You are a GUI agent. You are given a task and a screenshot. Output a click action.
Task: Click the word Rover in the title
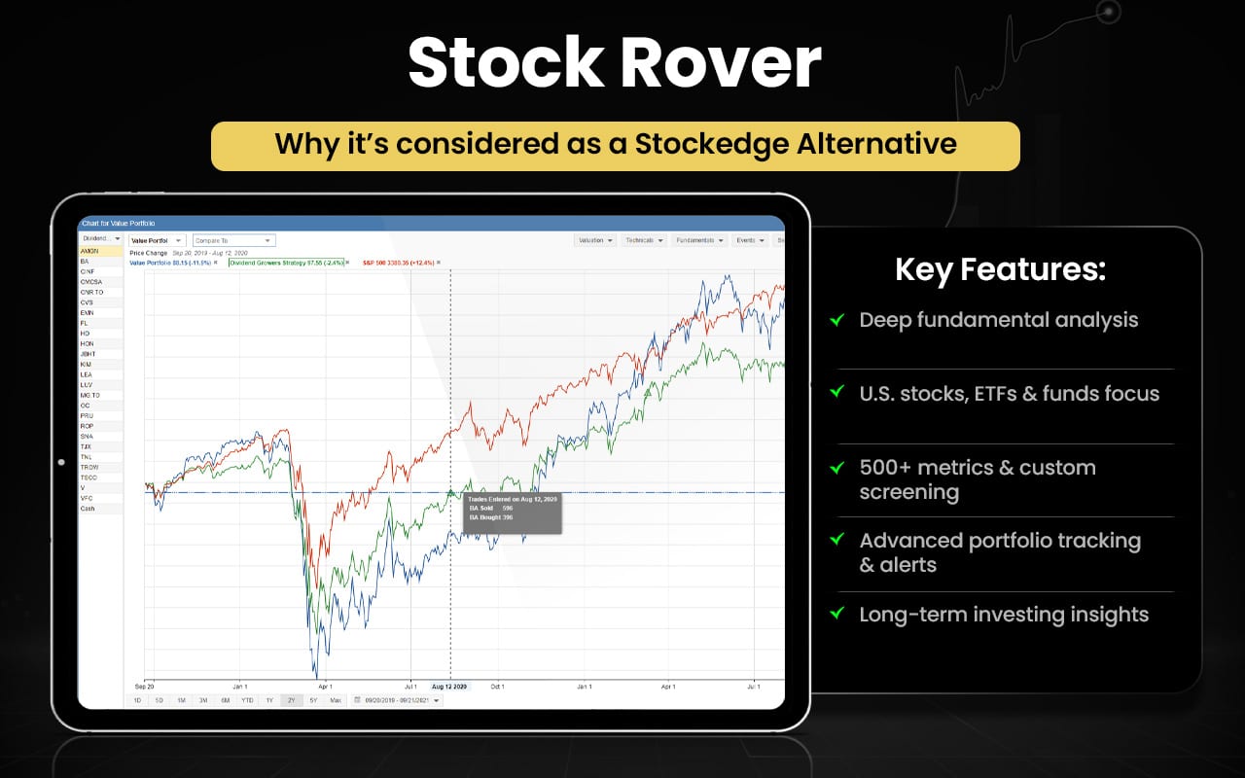coord(719,65)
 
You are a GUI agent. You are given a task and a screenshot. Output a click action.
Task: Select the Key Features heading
coord(1000,269)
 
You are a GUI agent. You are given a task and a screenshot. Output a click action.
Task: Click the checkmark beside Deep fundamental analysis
coord(836,319)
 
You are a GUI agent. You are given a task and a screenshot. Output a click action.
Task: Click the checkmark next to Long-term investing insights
coord(836,614)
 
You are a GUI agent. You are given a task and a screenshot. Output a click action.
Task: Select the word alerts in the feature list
coord(907,564)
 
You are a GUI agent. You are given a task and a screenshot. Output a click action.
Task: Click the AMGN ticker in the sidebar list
coord(89,251)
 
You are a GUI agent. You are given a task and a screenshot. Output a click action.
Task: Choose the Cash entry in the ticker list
coord(88,509)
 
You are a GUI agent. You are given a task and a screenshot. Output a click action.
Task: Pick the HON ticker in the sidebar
coord(87,343)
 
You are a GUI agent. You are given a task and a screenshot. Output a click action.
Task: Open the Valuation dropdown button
coord(595,240)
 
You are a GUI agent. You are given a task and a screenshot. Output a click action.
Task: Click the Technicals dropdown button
coord(644,240)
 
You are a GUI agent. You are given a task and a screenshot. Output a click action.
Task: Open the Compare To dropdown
coord(234,240)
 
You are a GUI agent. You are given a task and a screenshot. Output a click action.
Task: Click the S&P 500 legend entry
coord(400,263)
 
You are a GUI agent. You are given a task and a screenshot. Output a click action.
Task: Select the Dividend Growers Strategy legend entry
coord(285,263)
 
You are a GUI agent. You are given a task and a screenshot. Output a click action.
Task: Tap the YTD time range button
coord(247,700)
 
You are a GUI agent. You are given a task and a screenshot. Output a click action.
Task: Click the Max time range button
coord(336,700)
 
